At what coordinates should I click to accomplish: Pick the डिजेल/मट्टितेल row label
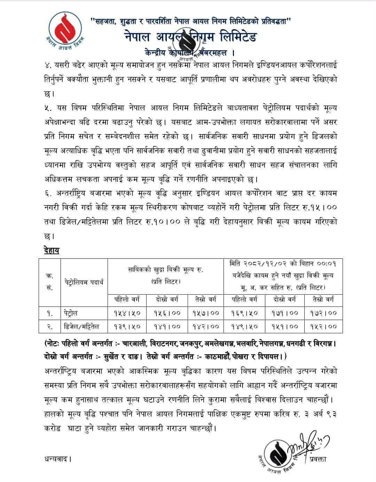point(82,326)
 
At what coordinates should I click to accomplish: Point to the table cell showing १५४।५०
point(127,313)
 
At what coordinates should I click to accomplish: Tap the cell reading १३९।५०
point(127,326)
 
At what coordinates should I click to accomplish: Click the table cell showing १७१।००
point(284,313)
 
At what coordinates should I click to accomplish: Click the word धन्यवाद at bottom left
point(58,458)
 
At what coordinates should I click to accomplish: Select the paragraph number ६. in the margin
point(49,193)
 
